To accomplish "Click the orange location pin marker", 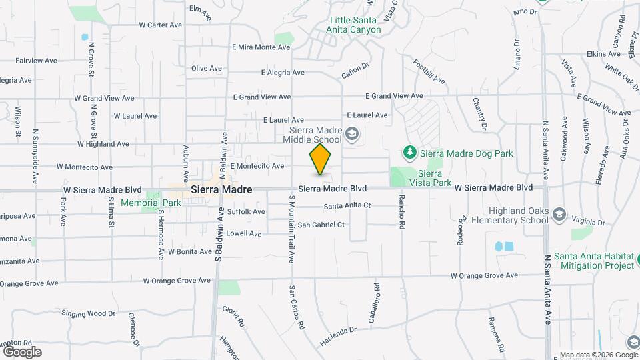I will tap(321, 159).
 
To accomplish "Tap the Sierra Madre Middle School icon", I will tap(352, 136).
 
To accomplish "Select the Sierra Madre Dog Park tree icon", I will tap(409, 153).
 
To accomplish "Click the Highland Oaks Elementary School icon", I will tap(559, 215).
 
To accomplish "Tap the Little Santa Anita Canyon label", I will tap(354, 25).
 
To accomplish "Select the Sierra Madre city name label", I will tap(221, 190).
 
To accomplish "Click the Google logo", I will tap(22, 351).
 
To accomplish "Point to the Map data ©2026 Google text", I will tap(598, 355).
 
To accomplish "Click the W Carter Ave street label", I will tap(160, 25).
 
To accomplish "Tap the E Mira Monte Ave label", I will tap(261, 47).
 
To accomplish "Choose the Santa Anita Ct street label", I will tap(347, 206).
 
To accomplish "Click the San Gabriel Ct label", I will tap(321, 225).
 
